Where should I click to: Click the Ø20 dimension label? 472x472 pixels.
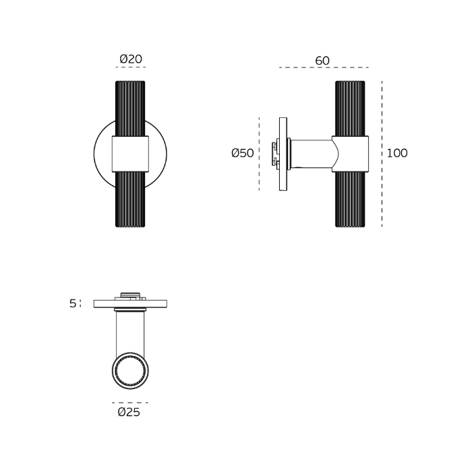pyautogui.click(x=130, y=59)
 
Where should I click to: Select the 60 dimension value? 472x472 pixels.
pyautogui.click(x=322, y=61)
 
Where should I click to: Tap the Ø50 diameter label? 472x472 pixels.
pyautogui.click(x=243, y=153)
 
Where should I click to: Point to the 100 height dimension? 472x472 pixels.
pyautogui.click(x=397, y=153)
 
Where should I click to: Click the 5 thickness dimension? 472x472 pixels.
pyautogui.click(x=73, y=303)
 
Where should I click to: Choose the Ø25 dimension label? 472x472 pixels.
pyautogui.click(x=129, y=412)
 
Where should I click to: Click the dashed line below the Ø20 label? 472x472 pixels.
pyautogui.click(x=130, y=67)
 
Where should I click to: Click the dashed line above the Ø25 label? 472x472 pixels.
pyautogui.click(x=130, y=403)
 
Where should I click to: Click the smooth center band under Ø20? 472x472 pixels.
pyautogui.click(x=130, y=154)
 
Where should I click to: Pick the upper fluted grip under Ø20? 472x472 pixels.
pyautogui.click(x=130, y=108)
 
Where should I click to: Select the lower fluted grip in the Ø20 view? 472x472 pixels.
pyautogui.click(x=130, y=199)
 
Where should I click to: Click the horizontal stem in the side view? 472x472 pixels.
pyautogui.click(x=312, y=154)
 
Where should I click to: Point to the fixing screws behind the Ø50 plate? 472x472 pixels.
pyautogui.click(x=274, y=154)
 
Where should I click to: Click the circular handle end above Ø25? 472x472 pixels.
pyautogui.click(x=130, y=372)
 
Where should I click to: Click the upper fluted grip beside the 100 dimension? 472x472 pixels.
pyautogui.click(x=351, y=108)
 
